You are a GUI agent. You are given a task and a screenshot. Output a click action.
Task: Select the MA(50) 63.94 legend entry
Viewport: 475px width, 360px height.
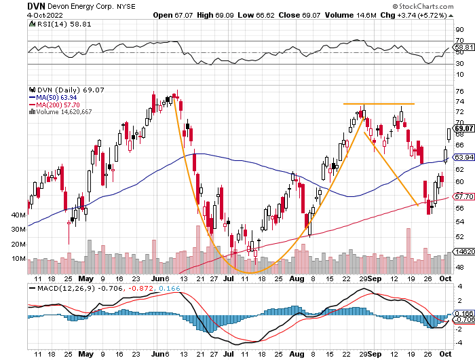54,97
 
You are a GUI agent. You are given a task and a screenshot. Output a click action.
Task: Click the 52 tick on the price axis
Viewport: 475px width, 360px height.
459,236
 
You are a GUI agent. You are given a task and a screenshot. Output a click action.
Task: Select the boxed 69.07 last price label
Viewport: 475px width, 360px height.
464,128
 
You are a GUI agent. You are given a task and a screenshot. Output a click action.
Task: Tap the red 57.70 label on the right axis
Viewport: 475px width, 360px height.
464,198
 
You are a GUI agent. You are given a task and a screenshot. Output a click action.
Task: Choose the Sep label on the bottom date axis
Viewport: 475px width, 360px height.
374,278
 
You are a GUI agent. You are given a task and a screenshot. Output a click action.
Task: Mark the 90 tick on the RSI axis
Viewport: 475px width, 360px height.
459,30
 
